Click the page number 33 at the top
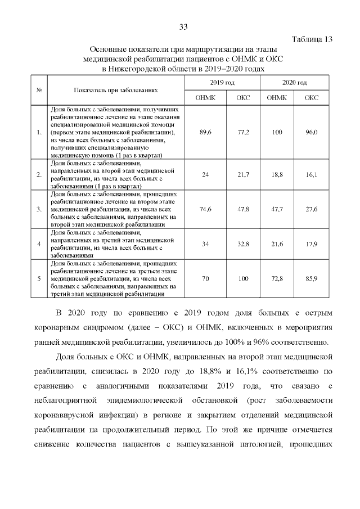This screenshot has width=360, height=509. tap(183, 27)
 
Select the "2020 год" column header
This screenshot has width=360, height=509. tap(294, 83)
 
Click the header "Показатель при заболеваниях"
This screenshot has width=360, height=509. tap(115, 90)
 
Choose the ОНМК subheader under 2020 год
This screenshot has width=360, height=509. tap(276, 97)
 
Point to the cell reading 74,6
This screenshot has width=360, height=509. tap(205, 209)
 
